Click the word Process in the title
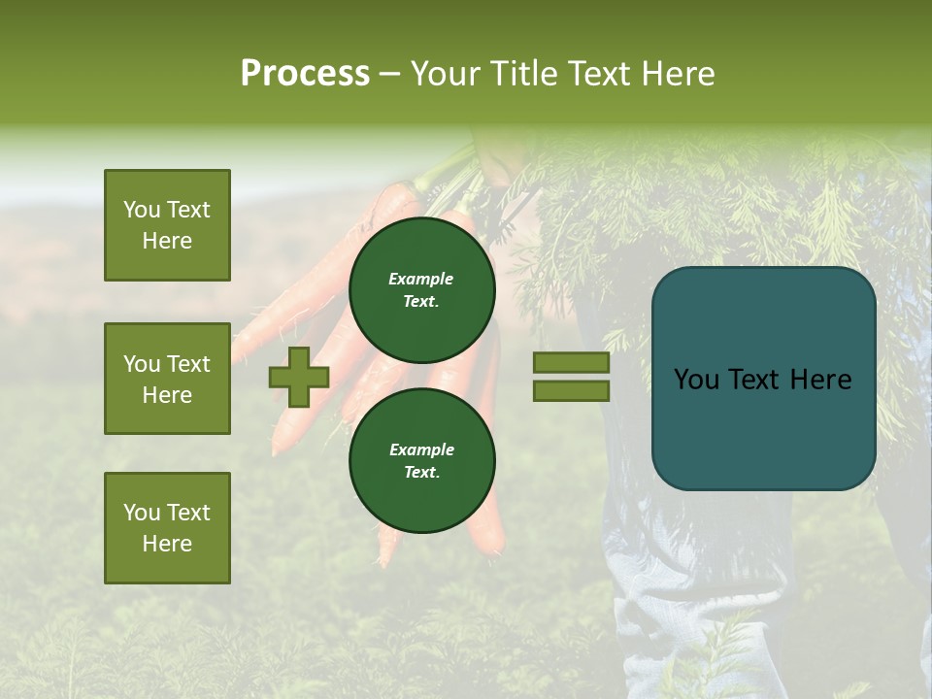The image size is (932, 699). point(305,74)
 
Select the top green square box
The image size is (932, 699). point(167,225)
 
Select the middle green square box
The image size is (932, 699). point(167,379)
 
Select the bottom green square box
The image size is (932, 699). point(167,528)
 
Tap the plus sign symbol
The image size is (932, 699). point(299,377)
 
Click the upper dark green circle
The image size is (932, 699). point(421,289)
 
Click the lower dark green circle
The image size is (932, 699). point(421,460)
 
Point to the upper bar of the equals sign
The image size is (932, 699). point(571,362)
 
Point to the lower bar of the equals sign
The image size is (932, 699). point(571,390)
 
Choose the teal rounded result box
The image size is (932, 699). point(763,379)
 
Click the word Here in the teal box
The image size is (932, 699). point(820,380)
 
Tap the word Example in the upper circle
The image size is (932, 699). point(421,279)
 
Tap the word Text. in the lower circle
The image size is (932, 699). point(421,473)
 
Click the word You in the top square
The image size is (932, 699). point(141,210)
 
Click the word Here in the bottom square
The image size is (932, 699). point(167,544)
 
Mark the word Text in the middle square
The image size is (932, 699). point(187,364)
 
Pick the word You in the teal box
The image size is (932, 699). point(695,380)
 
